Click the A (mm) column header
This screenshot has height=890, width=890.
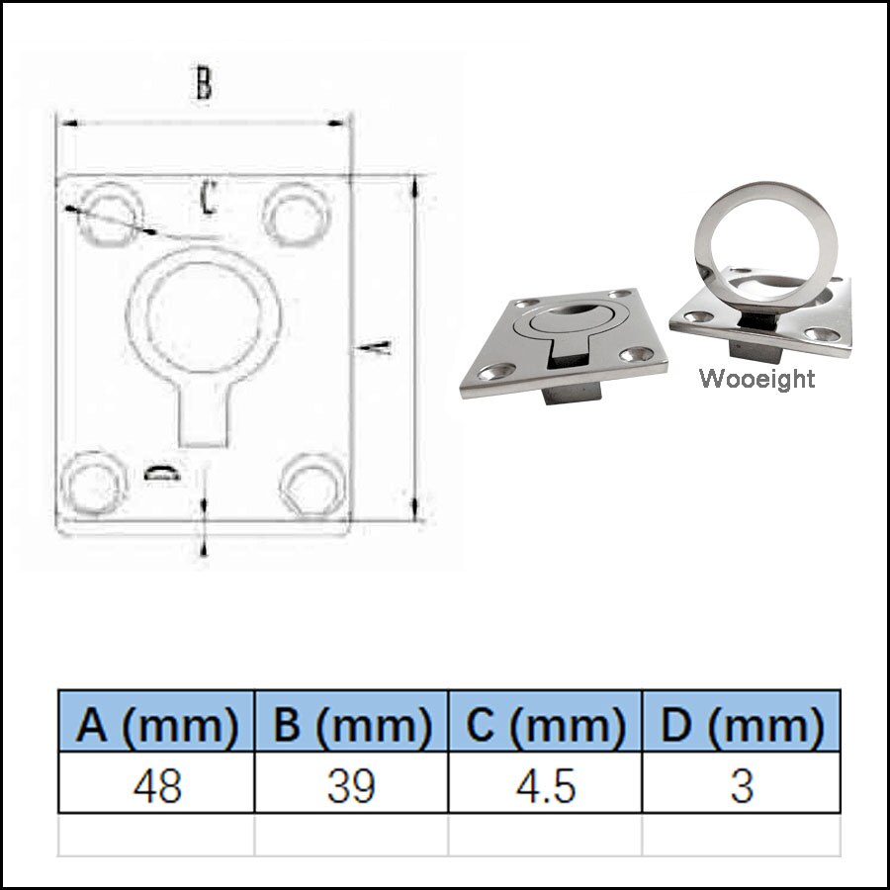pyautogui.click(x=157, y=727)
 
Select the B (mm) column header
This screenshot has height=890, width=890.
pyautogui.click(x=352, y=727)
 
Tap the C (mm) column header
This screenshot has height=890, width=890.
pyautogui.click(x=546, y=727)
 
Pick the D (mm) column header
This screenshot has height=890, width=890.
pyautogui.click(x=742, y=727)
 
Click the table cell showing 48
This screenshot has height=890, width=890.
pyautogui.click(x=157, y=785)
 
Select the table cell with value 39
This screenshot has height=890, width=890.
pyautogui.click(x=352, y=785)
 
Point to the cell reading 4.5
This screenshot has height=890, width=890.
pyautogui.click(x=546, y=785)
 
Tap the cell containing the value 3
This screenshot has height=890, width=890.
pyautogui.click(x=742, y=785)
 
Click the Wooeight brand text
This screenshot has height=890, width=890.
pyautogui.click(x=756, y=379)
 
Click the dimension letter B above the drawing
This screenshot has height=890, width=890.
pyautogui.click(x=202, y=85)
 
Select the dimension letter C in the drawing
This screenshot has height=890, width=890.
pyautogui.click(x=207, y=197)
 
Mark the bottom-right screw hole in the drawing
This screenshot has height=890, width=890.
pyautogui.click(x=311, y=484)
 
